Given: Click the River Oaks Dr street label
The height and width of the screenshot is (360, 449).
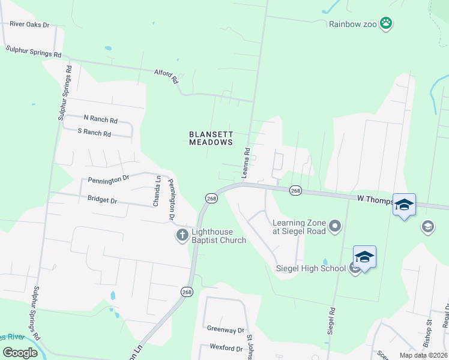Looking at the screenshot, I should click(29, 25).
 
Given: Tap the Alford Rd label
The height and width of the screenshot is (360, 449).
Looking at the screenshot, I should click(166, 76).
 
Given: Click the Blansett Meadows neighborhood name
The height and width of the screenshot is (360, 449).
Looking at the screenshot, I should click(211, 139).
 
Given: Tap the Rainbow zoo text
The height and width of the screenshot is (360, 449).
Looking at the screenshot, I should click(353, 24).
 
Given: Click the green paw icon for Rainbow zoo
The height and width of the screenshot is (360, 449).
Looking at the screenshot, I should click(387, 23).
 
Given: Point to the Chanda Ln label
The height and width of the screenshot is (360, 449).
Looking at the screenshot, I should click(157, 191).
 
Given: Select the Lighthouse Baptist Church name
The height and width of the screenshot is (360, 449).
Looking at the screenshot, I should click(218, 236).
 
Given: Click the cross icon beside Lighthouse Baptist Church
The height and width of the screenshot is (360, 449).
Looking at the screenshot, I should click(182, 235).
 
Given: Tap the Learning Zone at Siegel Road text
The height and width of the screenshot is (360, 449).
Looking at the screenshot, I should click(299, 227).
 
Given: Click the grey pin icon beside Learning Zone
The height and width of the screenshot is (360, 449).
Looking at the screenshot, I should click(335, 226).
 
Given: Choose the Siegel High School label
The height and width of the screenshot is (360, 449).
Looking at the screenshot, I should click(310, 268).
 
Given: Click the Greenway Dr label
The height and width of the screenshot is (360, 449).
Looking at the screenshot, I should click(226, 330).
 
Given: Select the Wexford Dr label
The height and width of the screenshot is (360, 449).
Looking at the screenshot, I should click(226, 347).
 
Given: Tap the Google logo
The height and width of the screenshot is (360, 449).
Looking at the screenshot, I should click(20, 352).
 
